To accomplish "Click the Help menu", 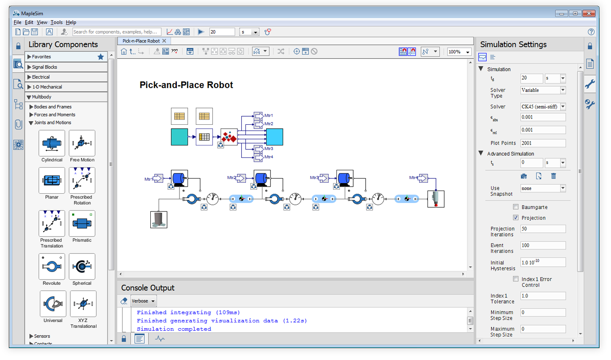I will [71, 22].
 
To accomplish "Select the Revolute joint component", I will [52, 267].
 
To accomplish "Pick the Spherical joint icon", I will [82, 267].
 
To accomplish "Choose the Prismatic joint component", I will [82, 224].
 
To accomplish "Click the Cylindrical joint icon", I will [52, 143].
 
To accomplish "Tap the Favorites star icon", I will [101, 57].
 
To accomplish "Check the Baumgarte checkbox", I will [516, 207].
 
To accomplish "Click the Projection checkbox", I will [516, 218].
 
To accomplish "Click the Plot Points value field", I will [543, 143].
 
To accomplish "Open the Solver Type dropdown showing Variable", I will [543, 90].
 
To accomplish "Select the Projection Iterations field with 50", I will [543, 229].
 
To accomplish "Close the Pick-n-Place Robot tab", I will [164, 41].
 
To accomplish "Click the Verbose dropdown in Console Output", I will [144, 301].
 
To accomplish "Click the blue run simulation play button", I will [201, 32].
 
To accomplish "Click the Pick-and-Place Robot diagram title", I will [186, 85].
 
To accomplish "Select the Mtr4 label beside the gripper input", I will [413, 178].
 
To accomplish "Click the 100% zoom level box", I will [458, 52].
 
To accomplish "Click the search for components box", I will [116, 32].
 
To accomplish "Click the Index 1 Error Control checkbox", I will [516, 279].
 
